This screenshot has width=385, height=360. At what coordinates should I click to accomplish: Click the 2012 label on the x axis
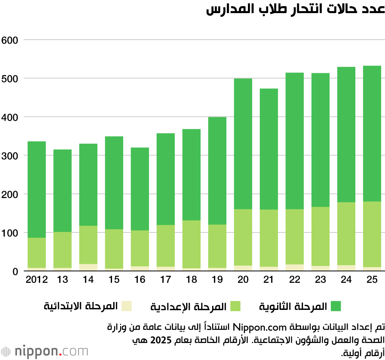click(x=37, y=280)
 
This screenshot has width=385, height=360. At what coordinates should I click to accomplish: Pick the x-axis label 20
click(x=243, y=280)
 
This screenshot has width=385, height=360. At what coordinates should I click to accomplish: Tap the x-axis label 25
click(x=372, y=280)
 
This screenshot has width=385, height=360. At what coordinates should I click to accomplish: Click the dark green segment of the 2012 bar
click(x=37, y=189)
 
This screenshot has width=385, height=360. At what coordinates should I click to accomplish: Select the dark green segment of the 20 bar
click(x=243, y=143)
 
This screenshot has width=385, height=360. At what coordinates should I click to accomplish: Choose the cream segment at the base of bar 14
click(x=88, y=267)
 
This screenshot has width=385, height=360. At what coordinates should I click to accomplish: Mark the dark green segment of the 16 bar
click(x=140, y=189)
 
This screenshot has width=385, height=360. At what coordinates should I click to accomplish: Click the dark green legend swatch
click(x=335, y=306)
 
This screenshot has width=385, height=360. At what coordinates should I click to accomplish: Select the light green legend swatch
click(x=235, y=306)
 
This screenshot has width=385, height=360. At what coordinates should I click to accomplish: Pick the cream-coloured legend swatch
click(x=127, y=306)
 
